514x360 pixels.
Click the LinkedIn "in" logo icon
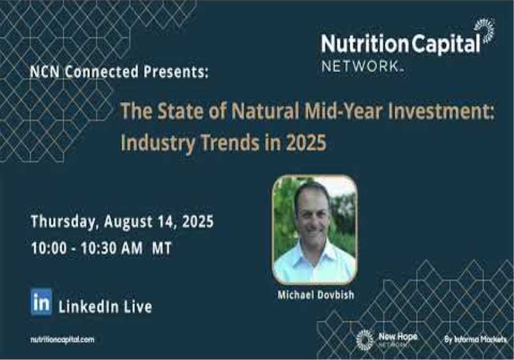pos(41,301)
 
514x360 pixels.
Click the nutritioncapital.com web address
pos(62,339)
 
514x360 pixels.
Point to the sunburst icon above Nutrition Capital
pos(484,30)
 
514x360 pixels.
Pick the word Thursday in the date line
pos(63,222)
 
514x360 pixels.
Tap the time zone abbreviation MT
pos(162,249)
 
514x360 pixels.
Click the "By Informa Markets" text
pos(475,339)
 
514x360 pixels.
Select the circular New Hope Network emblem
pos(364,339)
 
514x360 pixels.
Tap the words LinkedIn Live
pos(105,307)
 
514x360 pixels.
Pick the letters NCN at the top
pos(45,73)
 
